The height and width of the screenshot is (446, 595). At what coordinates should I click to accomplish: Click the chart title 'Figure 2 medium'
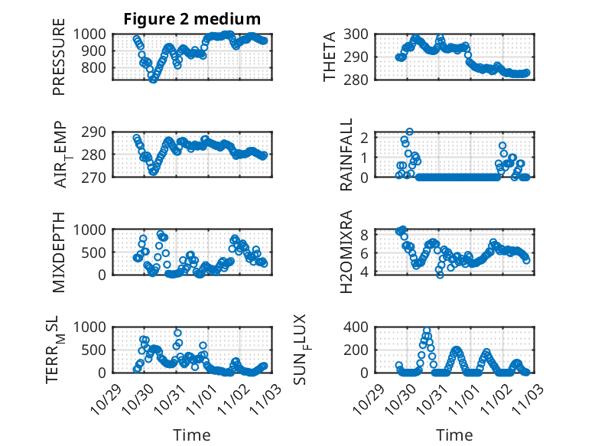tap(192, 19)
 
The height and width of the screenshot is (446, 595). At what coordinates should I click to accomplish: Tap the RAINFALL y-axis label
tap(346, 154)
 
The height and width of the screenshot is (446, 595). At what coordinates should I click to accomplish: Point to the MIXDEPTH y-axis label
tap(60, 251)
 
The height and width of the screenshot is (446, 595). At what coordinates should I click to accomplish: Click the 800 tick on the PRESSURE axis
tap(97, 67)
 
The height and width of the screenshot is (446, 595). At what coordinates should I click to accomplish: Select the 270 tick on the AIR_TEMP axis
tap(97, 177)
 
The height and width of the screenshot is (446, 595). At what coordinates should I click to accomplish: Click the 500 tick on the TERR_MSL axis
tap(97, 350)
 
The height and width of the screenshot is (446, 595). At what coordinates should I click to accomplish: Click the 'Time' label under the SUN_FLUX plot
tap(455, 435)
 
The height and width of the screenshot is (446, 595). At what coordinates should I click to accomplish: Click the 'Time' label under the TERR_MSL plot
tap(191, 435)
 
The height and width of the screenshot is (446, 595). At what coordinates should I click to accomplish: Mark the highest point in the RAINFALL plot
tap(410, 132)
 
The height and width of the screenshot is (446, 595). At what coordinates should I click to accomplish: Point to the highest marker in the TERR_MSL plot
tap(177, 333)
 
